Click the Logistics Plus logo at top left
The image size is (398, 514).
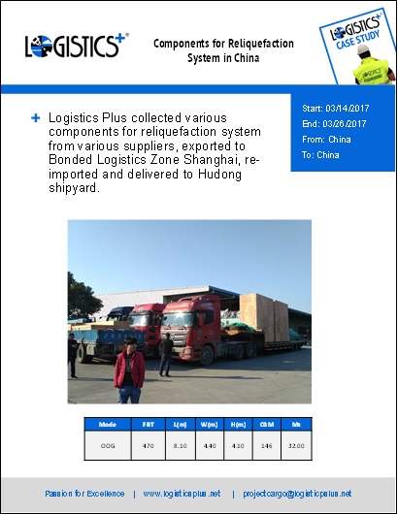click(x=75, y=47)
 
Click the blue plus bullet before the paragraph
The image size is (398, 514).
click(x=35, y=117)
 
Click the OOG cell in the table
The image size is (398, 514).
click(x=108, y=444)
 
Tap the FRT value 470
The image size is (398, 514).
click(x=149, y=444)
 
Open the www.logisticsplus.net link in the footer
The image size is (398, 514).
click(x=182, y=493)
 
